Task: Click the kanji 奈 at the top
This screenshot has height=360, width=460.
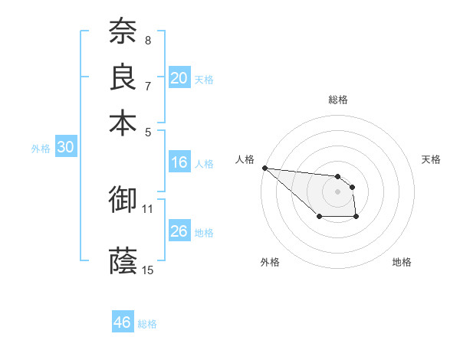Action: tap(123, 32)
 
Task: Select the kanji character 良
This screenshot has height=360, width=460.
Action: tap(123, 77)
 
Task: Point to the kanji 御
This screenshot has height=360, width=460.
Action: tap(123, 200)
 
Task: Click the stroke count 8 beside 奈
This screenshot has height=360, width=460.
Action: tap(148, 40)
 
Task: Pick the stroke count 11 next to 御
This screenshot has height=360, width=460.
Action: tap(148, 208)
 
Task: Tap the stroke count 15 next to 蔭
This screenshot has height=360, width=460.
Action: tap(148, 269)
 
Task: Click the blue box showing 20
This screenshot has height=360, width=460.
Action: tap(179, 78)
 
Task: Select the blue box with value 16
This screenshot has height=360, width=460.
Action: tap(179, 162)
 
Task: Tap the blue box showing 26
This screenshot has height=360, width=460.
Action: tap(179, 231)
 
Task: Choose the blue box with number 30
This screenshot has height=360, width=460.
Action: tap(65, 148)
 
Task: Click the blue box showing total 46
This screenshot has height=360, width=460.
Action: tap(123, 322)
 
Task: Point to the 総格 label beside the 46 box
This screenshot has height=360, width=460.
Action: tap(147, 324)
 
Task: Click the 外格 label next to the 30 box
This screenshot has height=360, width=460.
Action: tap(41, 149)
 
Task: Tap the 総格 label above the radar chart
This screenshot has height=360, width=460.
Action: tap(337, 100)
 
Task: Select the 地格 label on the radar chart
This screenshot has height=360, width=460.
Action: tap(402, 262)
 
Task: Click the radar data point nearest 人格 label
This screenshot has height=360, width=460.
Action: tap(264, 168)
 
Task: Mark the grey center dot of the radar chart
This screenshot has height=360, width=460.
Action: tap(337, 191)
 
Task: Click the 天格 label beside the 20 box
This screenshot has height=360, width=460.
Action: tap(204, 79)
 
